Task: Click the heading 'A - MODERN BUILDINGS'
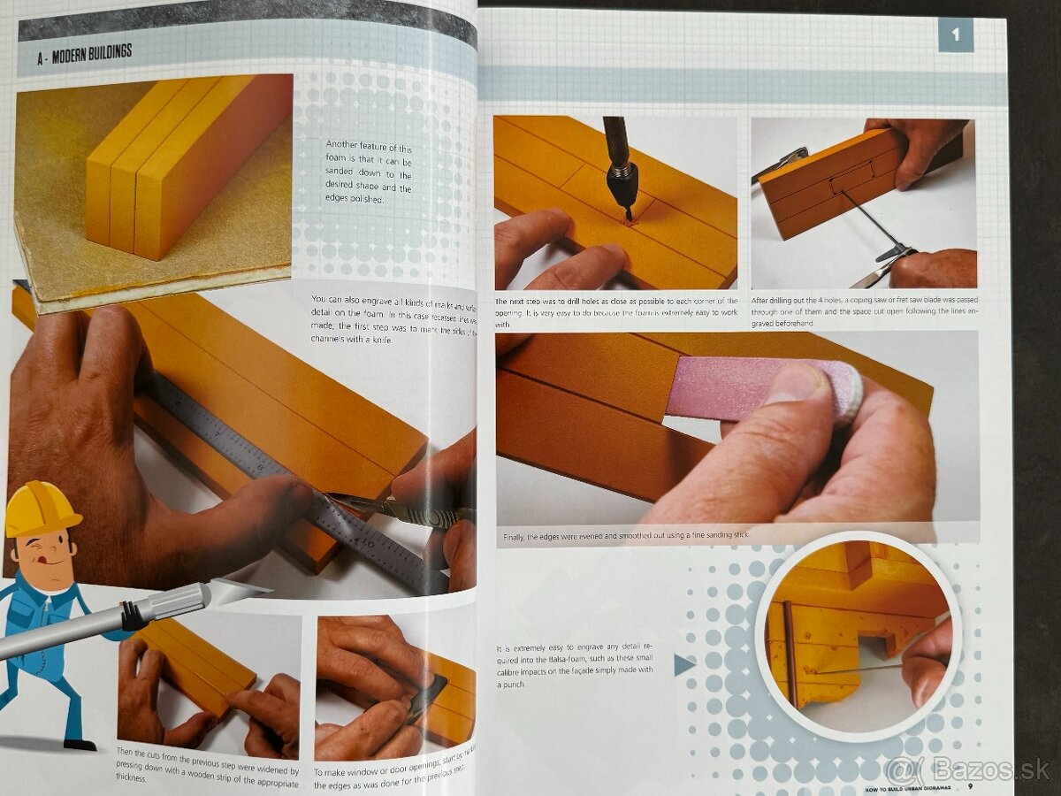click(85, 52)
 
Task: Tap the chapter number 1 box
click(955, 36)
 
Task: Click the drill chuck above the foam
click(622, 178)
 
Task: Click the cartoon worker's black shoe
click(80, 745)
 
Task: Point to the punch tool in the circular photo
click(858, 670)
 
